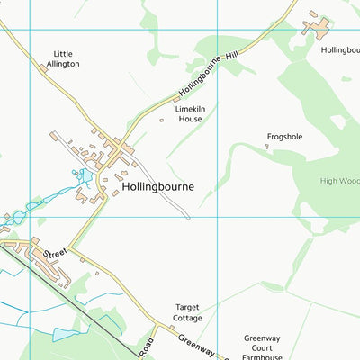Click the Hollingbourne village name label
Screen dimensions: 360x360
(x=157, y=187)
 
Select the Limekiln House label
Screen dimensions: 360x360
(x=189, y=113)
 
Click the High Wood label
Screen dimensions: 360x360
(x=339, y=180)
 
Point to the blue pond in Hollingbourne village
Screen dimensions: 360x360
(x=80, y=175)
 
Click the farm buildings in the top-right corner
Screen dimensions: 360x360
(x=316, y=24)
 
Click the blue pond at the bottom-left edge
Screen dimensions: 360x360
(x=65, y=335)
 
